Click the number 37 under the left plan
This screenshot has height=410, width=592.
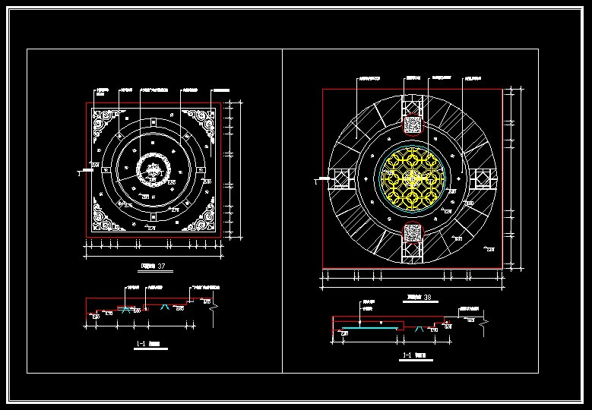click(x=160, y=266)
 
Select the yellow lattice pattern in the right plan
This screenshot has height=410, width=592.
click(x=412, y=180)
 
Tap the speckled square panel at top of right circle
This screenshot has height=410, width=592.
click(x=412, y=123)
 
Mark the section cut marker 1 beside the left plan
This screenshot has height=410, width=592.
click(x=79, y=173)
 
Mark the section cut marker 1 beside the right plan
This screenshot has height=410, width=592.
click(x=315, y=181)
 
